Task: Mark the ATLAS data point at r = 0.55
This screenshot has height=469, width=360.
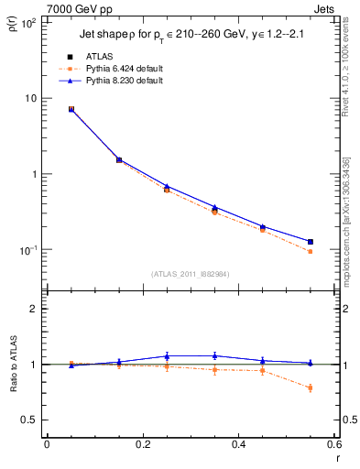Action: pos(311,242)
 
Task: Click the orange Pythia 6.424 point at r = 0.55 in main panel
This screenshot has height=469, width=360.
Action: pos(311,251)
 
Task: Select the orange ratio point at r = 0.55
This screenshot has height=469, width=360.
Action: pos(311,387)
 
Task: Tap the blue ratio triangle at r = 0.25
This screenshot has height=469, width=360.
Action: pos(167,355)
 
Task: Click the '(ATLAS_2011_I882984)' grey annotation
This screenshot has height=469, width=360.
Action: pos(190,273)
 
